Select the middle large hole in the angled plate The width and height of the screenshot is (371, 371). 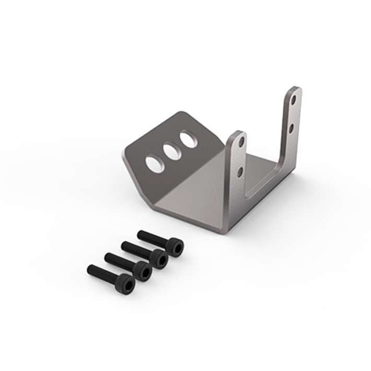[171, 152]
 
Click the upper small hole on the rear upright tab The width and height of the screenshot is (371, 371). [294, 99]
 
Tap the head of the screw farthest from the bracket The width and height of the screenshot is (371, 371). [126, 283]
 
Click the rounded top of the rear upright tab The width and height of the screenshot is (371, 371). [294, 89]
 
